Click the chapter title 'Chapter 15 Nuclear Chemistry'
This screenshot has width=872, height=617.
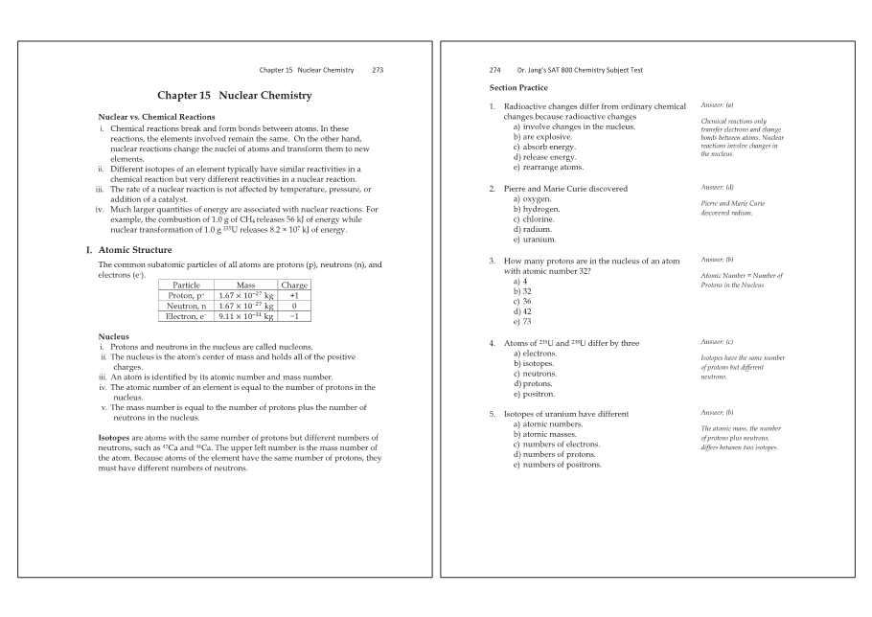coord(235,96)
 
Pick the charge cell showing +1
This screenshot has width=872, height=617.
coord(294,296)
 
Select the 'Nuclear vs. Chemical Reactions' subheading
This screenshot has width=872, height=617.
coord(156,117)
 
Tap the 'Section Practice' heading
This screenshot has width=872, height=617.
coord(518,87)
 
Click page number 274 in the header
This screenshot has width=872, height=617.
coord(495,70)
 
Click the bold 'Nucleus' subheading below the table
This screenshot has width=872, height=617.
coord(115,336)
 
